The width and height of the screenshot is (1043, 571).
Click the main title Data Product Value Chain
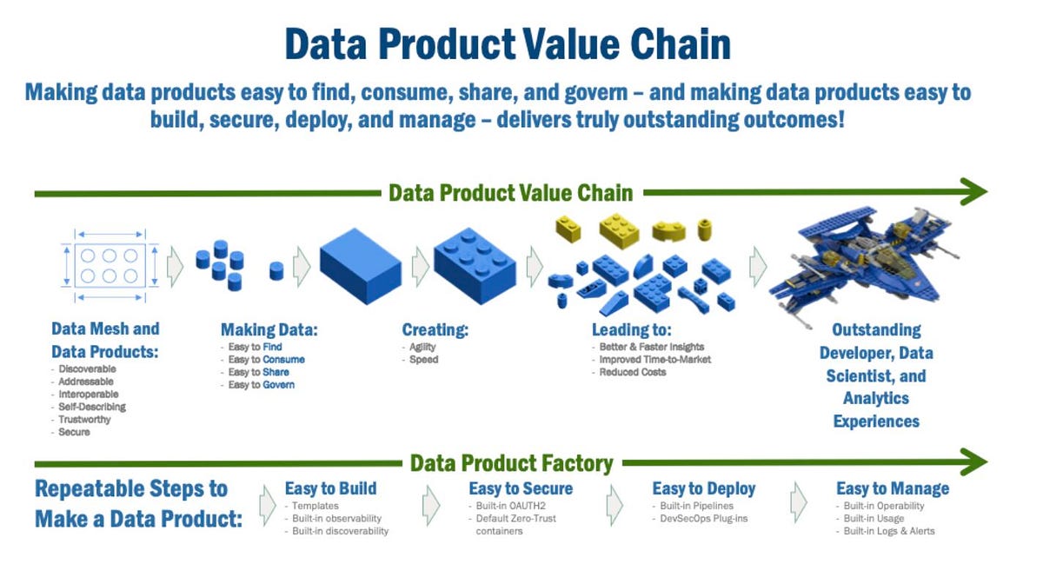click(508, 44)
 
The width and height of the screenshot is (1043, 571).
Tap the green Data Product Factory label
click(511, 463)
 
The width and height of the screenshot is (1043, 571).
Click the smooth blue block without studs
click(360, 261)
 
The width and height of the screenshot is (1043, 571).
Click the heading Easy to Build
click(330, 489)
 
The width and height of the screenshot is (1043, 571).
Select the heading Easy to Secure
click(521, 489)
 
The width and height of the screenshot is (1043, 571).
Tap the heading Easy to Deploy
click(703, 489)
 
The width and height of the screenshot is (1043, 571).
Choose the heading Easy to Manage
click(892, 489)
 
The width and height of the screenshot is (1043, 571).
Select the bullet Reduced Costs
click(633, 372)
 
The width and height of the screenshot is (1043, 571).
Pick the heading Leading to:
click(632, 330)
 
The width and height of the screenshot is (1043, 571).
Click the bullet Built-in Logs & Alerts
click(889, 531)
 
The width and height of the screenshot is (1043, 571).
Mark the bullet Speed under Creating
click(424, 360)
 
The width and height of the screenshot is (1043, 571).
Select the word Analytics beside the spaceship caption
click(875, 398)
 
